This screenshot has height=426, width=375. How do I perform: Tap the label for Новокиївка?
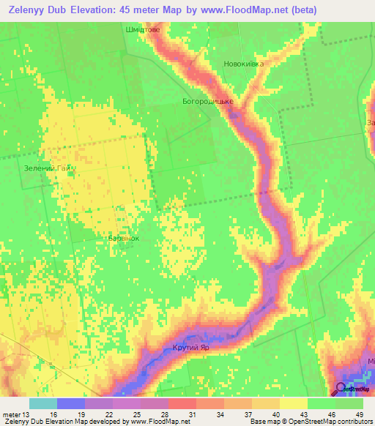[243, 64]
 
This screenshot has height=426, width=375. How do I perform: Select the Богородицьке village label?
[208, 101]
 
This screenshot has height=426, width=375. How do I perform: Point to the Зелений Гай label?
[48, 169]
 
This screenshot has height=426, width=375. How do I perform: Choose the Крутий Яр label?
[191, 347]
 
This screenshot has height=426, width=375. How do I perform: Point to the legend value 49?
[359, 414]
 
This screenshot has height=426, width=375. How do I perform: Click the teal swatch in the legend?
[43, 403]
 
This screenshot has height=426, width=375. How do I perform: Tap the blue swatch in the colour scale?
[71, 403]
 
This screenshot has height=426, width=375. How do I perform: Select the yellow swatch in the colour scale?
[293, 403]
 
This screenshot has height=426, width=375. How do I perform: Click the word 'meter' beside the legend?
[10, 414]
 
